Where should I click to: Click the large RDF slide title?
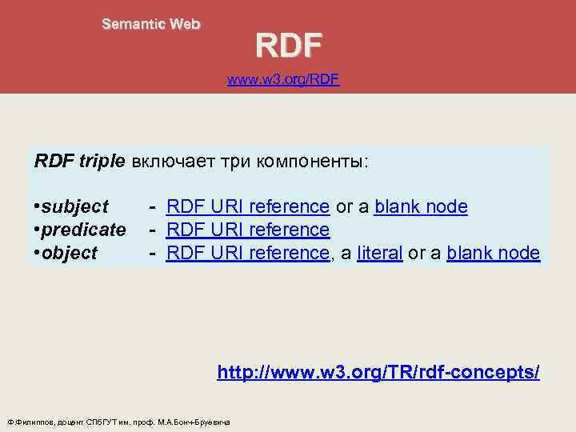coord(289,46)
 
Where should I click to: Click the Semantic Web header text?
coord(150,24)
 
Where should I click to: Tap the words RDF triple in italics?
coord(79,161)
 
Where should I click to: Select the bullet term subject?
coord(74,207)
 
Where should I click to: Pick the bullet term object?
coord(69,254)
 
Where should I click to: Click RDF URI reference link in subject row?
coord(247,207)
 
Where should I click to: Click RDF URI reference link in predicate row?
coord(247,230)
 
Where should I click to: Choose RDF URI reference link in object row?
coord(247,254)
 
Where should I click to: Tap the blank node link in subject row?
coord(421,207)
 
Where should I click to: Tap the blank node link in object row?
coord(493,254)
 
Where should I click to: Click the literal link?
coord(378,254)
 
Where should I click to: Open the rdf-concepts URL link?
coord(378,372)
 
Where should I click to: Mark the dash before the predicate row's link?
coord(151,230)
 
